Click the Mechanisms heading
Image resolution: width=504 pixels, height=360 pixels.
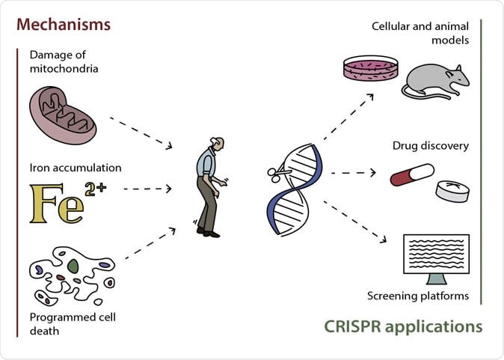click(64, 24)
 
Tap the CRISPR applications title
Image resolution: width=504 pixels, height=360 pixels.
click(403, 327)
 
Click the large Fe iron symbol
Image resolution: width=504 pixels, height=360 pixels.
click(57, 202)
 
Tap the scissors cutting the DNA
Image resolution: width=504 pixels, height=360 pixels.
click(276, 174)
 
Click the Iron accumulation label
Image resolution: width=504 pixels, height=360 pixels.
click(76, 167)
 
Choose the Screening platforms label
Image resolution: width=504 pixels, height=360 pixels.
click(418, 296)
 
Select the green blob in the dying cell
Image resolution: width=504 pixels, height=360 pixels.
click(73, 266)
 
